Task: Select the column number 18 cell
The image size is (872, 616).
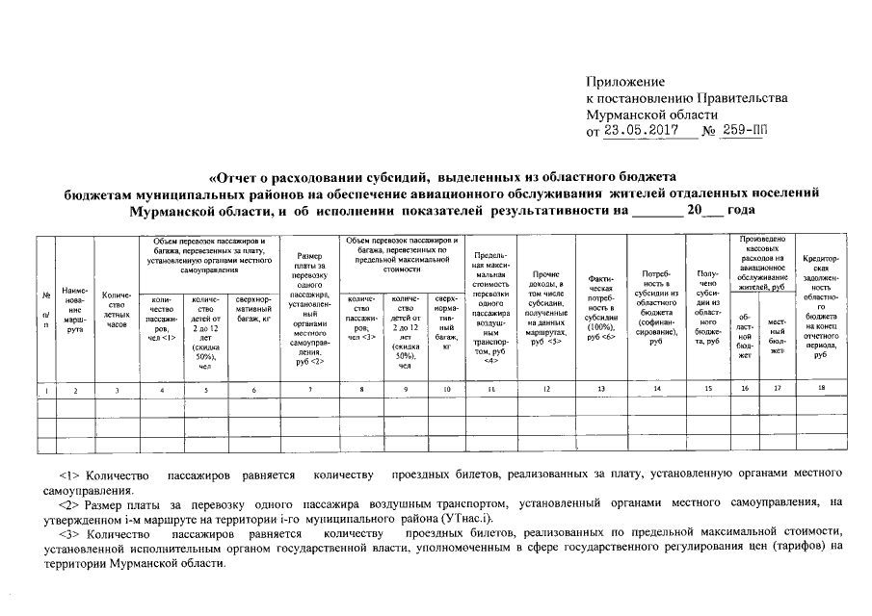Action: click(820, 390)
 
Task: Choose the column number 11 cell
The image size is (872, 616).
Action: click(490, 390)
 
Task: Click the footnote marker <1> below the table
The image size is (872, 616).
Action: click(70, 475)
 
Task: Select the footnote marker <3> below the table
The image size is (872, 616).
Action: click(70, 533)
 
